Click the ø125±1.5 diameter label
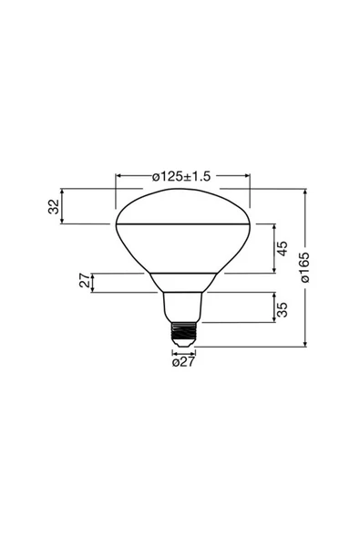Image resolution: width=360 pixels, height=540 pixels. (182, 176)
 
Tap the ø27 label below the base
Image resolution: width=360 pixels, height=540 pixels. (183, 362)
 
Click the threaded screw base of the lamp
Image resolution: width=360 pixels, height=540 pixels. (183, 332)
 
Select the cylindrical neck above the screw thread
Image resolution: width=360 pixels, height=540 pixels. (183, 306)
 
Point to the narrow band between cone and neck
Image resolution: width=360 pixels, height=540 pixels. (183, 282)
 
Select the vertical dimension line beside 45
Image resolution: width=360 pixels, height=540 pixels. (274, 248)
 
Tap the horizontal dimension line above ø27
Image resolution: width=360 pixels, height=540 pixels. (183, 352)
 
